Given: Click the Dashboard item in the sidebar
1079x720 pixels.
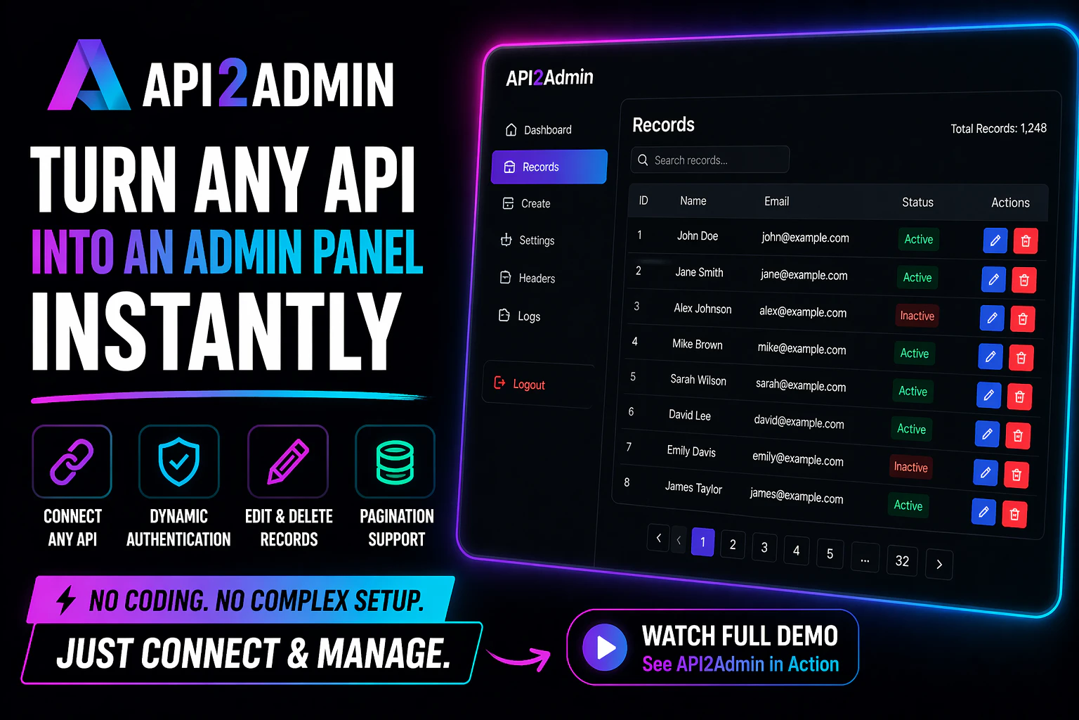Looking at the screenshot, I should pyautogui.click(x=539, y=130).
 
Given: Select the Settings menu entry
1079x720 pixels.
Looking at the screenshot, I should pyautogui.click(x=529, y=240).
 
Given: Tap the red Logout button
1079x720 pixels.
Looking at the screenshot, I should pyautogui.click(x=521, y=384).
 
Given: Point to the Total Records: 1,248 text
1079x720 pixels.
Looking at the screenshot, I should pyautogui.click(x=998, y=128).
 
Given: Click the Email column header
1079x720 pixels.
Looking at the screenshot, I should pyautogui.click(x=776, y=201).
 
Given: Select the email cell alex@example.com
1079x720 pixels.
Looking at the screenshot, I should pyautogui.click(x=802, y=311).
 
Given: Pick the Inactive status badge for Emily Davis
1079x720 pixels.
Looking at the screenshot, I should pyautogui.click(x=910, y=467).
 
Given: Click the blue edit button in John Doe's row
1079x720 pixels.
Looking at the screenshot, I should pyautogui.click(x=995, y=240).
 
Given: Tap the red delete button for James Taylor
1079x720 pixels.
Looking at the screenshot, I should pyautogui.click(x=1014, y=514).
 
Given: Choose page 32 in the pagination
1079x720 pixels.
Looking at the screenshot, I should pyautogui.click(x=902, y=561).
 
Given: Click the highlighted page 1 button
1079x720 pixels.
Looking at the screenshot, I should pyautogui.click(x=702, y=542).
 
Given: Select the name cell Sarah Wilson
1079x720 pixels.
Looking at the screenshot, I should pyautogui.click(x=698, y=380).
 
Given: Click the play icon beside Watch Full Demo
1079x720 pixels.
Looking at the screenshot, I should pyautogui.click(x=605, y=647).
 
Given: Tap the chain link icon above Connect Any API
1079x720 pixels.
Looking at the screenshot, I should pyautogui.click(x=72, y=462).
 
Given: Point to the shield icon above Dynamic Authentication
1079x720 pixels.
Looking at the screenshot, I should pyautogui.click(x=179, y=462).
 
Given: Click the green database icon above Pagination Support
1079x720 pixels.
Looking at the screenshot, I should pyautogui.click(x=395, y=462).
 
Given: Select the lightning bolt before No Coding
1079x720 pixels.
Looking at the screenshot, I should pyautogui.click(x=66, y=600).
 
